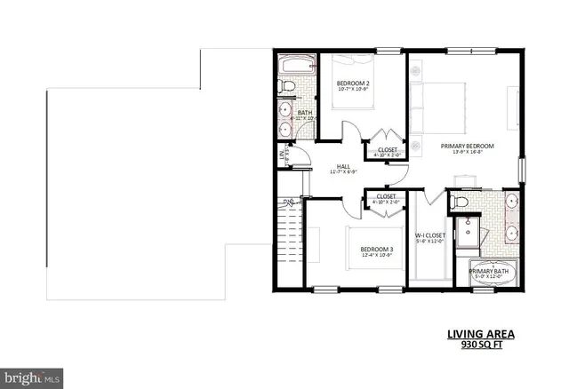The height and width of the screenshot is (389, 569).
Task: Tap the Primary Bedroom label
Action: pos(466,145)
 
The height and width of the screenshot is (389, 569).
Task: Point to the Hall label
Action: pos(342,166)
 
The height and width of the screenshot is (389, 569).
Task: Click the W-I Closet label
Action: pos(429,235)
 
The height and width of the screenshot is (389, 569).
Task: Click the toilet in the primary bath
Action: pos(461,203)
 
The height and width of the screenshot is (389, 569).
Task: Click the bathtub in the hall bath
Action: pos(293,67)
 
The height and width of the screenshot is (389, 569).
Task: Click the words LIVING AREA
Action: pos(480,336)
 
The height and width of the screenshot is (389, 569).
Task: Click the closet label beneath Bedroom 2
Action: pos(387,149)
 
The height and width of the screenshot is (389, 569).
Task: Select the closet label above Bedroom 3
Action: pos(386,197)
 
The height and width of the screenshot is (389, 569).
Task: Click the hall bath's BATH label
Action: pos(304,113)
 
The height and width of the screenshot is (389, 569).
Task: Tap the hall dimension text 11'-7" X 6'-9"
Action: pos(342,173)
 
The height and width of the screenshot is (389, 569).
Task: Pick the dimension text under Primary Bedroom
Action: pos(466,152)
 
